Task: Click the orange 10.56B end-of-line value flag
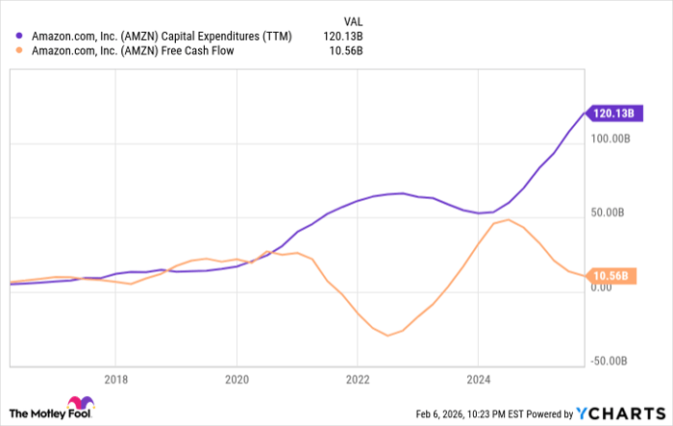click(x=610, y=277)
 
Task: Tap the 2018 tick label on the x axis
click(x=115, y=378)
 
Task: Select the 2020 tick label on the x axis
click(x=237, y=378)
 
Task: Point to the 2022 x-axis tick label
click(x=358, y=378)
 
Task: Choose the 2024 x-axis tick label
click(x=479, y=378)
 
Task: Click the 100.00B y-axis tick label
click(x=609, y=139)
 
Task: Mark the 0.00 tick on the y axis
click(x=602, y=288)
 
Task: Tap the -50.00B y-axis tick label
click(x=611, y=361)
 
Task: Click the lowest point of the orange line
click(x=387, y=336)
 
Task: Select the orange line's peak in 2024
click(x=508, y=219)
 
